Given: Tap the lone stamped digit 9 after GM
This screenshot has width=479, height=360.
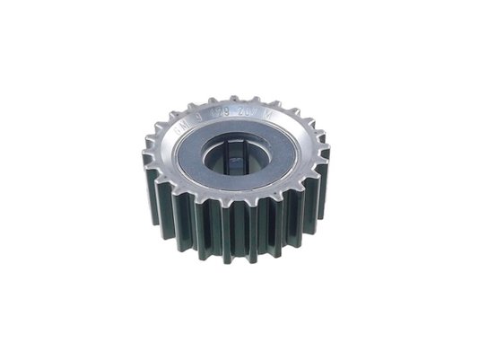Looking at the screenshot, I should click(199, 118).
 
